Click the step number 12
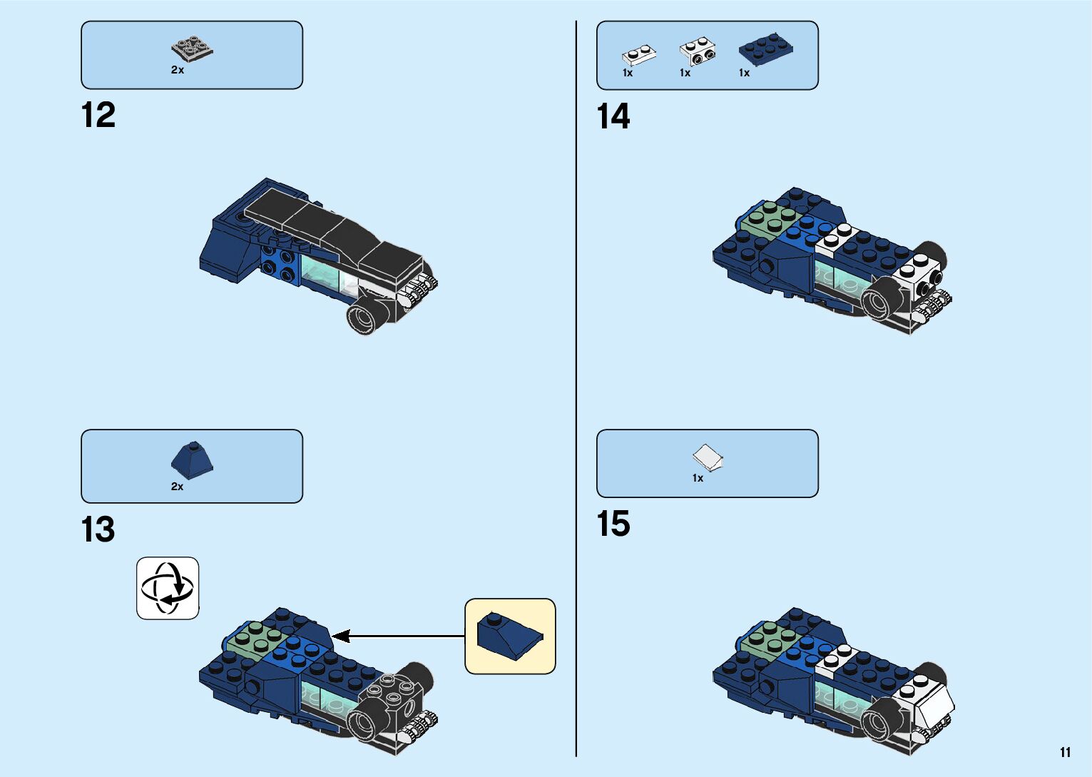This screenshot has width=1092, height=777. tap(98, 116)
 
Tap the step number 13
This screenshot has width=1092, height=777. tap(98, 530)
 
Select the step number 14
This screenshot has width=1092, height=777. tap(613, 116)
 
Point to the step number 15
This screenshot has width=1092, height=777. tap(613, 524)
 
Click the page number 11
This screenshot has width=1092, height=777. tap(1065, 752)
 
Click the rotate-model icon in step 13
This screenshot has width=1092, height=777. tap(168, 588)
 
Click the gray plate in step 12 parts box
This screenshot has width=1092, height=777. tap(193, 49)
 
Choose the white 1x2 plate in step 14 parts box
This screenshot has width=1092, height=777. tap(638, 54)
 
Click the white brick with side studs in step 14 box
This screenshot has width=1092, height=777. tap(698, 50)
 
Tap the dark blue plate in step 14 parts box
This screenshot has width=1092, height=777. tap(766, 49)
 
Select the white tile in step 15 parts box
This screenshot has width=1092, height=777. tap(708, 457)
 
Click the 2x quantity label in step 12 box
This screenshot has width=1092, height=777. tap(178, 70)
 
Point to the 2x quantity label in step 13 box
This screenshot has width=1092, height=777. tap(177, 487)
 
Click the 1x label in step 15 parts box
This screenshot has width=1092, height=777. tap(698, 478)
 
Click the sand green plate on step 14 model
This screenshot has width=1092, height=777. tap(768, 218)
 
